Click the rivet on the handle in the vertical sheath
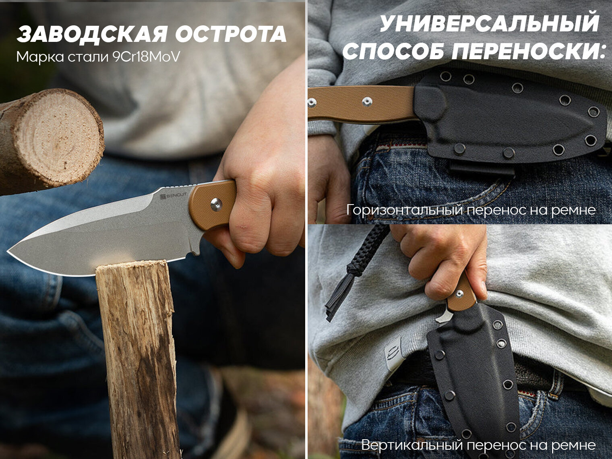click(x=459, y=293)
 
